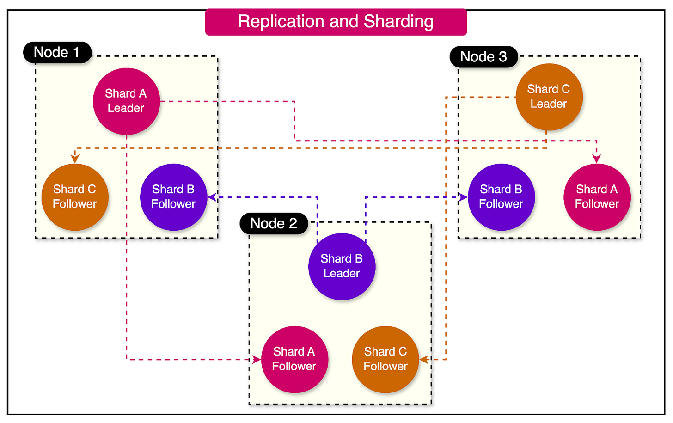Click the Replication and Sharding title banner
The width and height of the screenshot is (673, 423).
[x=336, y=21]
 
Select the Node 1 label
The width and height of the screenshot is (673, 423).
[x=57, y=52]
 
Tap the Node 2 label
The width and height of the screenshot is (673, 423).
[x=274, y=223]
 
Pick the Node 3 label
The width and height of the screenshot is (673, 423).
[x=483, y=56]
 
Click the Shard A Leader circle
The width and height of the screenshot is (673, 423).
[x=126, y=101]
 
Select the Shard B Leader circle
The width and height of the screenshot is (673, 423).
[x=342, y=266]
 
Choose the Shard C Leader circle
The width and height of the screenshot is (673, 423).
[x=549, y=97]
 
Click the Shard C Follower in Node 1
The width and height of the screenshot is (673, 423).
[x=75, y=197]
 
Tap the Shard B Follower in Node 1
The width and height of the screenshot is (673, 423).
[x=173, y=197]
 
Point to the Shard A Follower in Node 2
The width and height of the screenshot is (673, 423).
[x=294, y=359]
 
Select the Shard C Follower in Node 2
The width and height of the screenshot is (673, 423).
[x=385, y=359]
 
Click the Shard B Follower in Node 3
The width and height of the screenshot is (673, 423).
[x=501, y=197]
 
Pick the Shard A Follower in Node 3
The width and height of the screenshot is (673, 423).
[x=597, y=197]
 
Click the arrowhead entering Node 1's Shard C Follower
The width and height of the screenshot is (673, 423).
[x=75, y=159]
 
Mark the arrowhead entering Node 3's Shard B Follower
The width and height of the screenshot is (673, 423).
[x=463, y=197]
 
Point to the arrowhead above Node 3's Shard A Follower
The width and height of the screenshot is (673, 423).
[x=597, y=159]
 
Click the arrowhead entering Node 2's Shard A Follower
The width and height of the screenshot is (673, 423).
[x=257, y=359]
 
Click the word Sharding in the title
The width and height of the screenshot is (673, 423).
[x=398, y=21]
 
